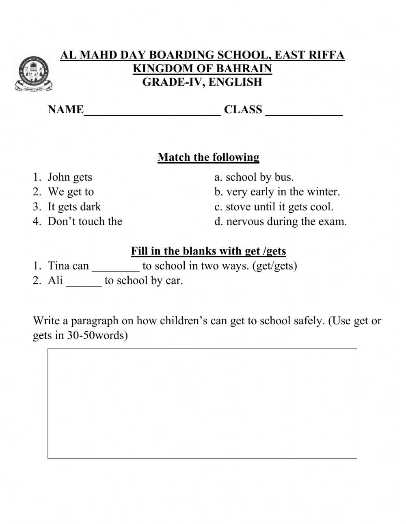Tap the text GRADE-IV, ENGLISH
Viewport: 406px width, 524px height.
point(202,82)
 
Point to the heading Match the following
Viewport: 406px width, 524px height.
point(208,157)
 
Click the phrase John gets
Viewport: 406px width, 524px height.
point(70,177)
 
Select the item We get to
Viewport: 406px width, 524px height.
point(71,192)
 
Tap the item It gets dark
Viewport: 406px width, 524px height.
point(74,207)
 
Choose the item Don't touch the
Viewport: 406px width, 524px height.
point(85,222)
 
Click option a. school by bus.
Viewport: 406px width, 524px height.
point(254,177)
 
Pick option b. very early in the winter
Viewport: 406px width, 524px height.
point(277,192)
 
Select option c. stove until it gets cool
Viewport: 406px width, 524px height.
point(274,207)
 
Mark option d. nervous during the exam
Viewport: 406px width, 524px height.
point(281,222)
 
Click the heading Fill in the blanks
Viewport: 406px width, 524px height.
point(208,251)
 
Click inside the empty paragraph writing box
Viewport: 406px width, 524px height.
point(202,403)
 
